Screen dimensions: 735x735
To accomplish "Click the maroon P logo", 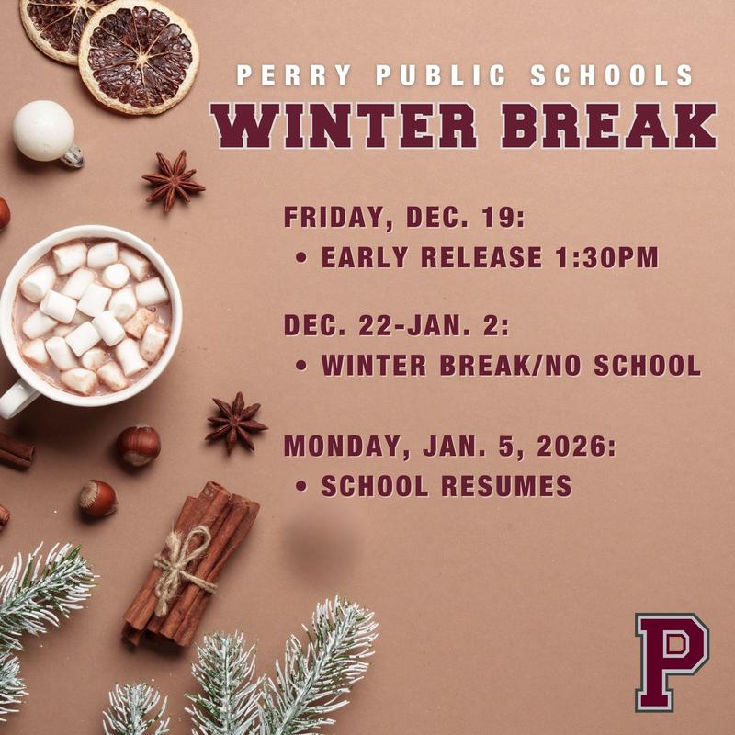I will [x=672, y=661].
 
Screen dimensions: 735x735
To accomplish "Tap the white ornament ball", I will [x=44, y=130].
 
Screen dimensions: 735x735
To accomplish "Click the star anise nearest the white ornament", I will [x=173, y=180].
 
